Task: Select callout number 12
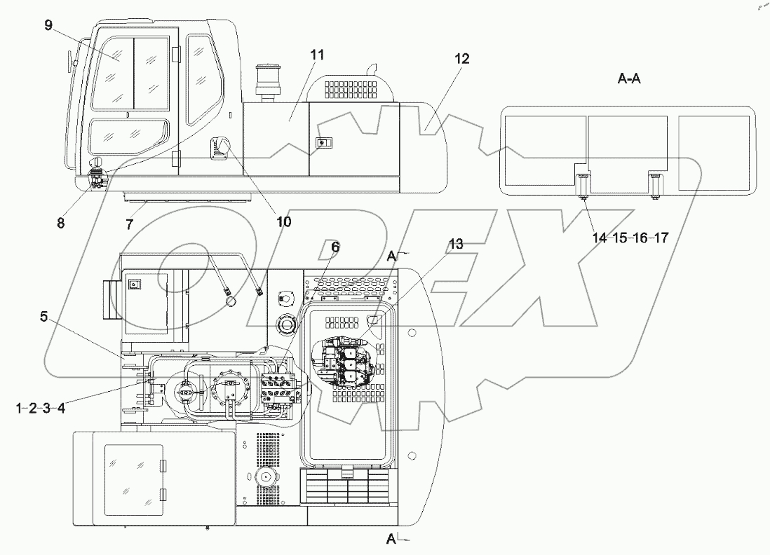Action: [461, 59]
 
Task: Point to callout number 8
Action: [60, 223]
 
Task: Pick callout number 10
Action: [283, 222]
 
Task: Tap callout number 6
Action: [335, 247]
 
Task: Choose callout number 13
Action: [456, 244]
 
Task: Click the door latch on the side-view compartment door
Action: [323, 143]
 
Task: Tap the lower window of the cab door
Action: [129, 135]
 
